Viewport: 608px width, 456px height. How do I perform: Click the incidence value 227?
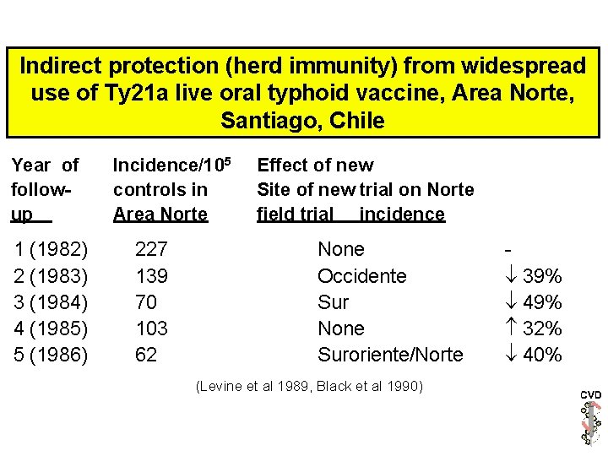(x=151, y=249)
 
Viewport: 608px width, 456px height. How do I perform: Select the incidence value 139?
(x=151, y=275)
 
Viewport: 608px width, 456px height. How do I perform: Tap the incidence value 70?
(x=146, y=301)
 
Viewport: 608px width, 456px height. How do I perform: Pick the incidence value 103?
(x=151, y=328)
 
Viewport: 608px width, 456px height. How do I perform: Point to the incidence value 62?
(x=146, y=355)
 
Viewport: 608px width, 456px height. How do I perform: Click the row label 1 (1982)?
(x=51, y=249)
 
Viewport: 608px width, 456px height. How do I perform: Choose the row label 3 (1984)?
(x=51, y=301)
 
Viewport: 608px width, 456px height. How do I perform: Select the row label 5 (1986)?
(x=51, y=355)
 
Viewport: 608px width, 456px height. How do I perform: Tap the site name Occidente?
(x=361, y=275)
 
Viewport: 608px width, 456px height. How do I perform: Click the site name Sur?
(x=333, y=301)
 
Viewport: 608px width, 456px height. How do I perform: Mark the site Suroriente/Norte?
(x=390, y=355)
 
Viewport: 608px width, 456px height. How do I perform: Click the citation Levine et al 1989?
(x=251, y=387)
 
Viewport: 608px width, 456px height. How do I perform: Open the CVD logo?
(x=590, y=418)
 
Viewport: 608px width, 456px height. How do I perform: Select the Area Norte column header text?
(x=160, y=214)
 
